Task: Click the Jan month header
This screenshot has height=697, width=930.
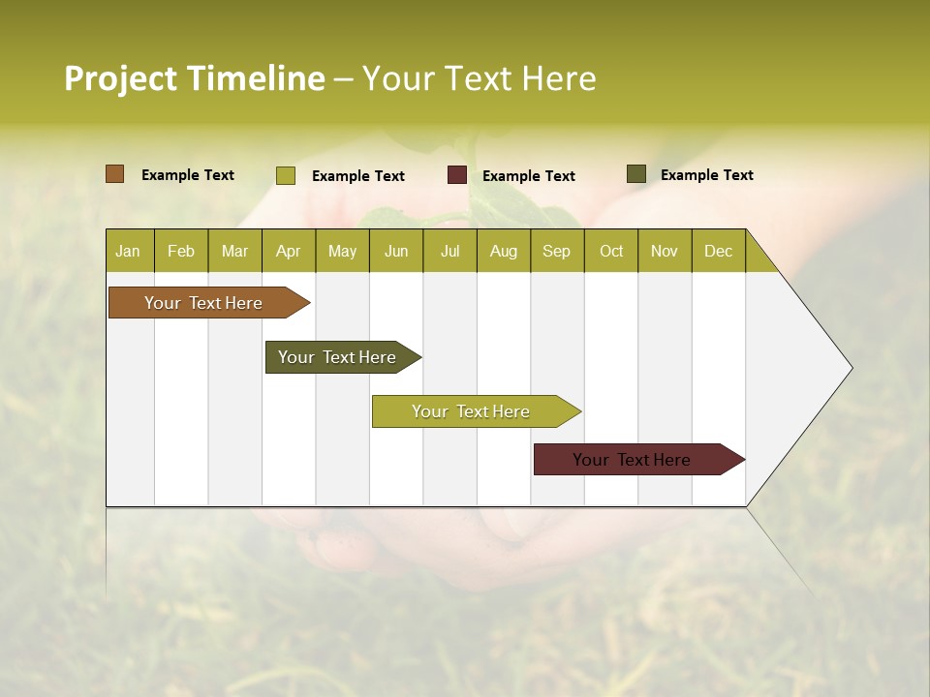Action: (129, 251)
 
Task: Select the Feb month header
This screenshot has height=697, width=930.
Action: (181, 251)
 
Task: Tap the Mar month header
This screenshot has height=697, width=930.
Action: (234, 251)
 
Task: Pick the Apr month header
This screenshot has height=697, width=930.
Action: (289, 251)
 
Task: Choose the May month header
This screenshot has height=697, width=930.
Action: (342, 251)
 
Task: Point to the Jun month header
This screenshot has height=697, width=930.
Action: (396, 251)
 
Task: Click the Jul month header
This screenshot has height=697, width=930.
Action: (449, 251)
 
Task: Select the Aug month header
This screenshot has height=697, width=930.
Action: (504, 251)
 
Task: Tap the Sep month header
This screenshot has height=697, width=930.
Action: (557, 251)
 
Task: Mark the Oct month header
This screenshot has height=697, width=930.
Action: (611, 251)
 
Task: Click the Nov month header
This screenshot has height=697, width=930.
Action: (665, 251)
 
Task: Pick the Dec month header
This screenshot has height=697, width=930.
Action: (719, 251)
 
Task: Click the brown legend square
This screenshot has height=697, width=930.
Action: (114, 174)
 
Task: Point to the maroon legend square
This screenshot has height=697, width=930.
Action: (457, 175)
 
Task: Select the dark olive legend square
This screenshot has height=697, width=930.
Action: (635, 174)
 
